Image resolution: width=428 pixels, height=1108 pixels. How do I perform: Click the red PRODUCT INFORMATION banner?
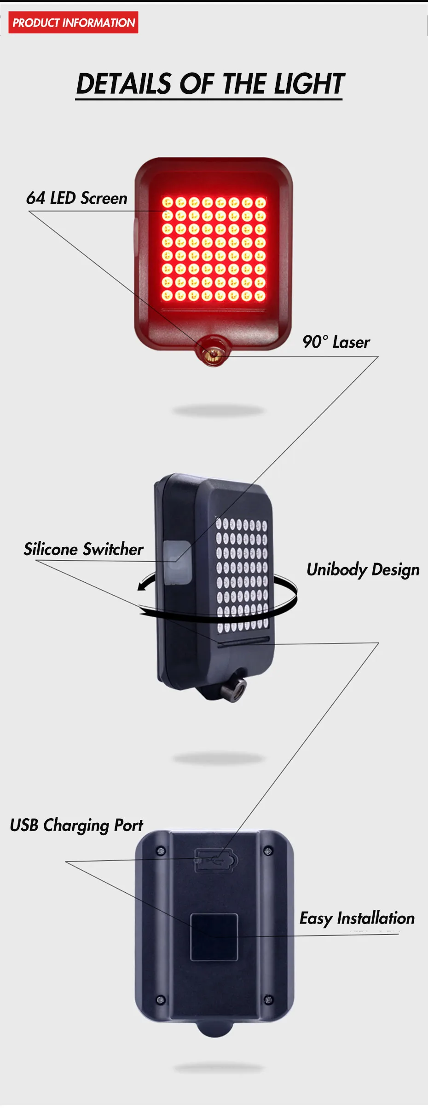tap(73, 23)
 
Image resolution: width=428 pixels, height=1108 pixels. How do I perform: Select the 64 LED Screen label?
tap(77, 198)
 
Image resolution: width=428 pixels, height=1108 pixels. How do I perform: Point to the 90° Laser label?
tap(336, 342)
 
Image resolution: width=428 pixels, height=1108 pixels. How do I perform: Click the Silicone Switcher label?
tap(83, 549)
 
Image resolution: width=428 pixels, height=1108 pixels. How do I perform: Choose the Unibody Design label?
tap(363, 569)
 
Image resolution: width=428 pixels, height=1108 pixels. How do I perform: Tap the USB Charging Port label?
tap(76, 825)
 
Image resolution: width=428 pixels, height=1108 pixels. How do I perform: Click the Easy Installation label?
tap(357, 918)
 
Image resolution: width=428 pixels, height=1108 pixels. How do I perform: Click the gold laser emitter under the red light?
tap(213, 354)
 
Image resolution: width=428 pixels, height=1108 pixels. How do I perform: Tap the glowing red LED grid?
tap(214, 249)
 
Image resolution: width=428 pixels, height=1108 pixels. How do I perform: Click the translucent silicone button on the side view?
tap(177, 563)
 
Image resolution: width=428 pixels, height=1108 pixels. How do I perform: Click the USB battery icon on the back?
tap(216, 860)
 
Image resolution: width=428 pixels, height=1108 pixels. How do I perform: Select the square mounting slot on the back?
tap(214, 937)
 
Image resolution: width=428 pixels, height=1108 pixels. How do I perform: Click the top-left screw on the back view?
tap(161, 851)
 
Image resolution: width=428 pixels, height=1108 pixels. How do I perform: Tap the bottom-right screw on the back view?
tap(268, 999)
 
